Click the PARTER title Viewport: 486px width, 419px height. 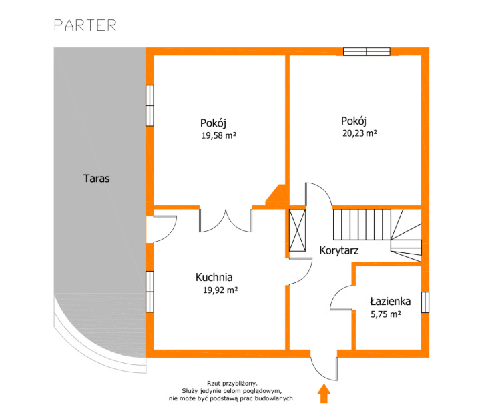coord(85,25)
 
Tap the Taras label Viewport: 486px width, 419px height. coord(96,179)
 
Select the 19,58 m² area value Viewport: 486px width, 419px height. coord(219,135)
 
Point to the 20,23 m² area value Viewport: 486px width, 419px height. coord(360,133)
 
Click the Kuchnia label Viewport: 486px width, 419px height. coord(214,277)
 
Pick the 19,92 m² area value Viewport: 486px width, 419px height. coord(220,290)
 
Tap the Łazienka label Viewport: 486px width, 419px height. coord(391,301)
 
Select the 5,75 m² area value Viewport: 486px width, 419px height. coord(386,314)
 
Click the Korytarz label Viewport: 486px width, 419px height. coord(338,250)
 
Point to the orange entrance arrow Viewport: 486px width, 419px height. coord(324,393)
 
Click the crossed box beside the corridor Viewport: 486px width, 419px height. coord(297,230)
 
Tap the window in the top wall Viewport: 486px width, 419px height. coord(367,51)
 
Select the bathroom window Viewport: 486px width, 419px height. coord(425,302)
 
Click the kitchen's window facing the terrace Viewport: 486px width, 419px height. coord(150,292)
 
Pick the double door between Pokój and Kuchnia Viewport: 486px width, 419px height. coord(226,220)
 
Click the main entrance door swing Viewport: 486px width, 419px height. coord(324,369)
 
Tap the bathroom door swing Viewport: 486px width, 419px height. coord(341,297)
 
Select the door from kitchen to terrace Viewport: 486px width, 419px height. coord(165,229)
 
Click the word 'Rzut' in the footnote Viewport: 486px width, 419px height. coord(214,384)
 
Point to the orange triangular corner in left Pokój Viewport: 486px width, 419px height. coord(276,195)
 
